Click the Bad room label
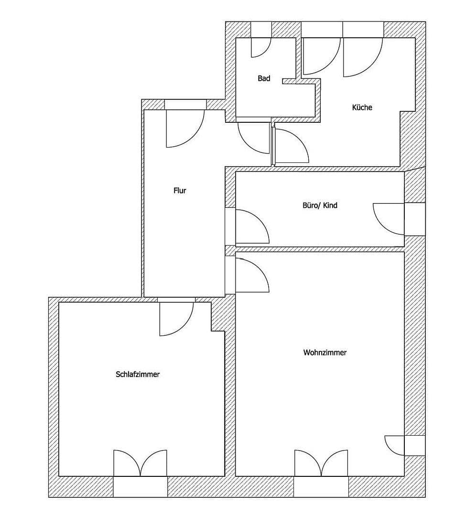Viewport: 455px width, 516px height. coord(264,78)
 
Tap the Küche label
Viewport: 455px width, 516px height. coord(362,107)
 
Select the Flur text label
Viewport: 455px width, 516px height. coord(180,191)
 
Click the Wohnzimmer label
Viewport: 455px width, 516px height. coord(325,353)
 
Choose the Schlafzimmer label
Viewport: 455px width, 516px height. coord(138,375)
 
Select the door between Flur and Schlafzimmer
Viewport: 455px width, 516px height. coord(176,318)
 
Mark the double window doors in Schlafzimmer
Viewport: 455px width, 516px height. coord(140,463)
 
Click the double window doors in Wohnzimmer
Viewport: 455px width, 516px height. coord(321,463)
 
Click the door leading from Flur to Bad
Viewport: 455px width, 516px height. coord(253,138)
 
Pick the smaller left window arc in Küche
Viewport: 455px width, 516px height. coord(321,55)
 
